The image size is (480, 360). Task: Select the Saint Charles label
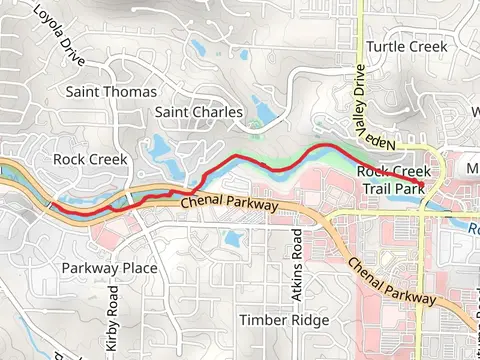(199, 112)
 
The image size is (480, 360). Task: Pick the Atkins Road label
(296, 258)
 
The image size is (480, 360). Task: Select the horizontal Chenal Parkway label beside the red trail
(232, 204)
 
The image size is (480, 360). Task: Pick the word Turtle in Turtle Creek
(384, 47)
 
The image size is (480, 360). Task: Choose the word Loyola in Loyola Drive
(46, 23)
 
